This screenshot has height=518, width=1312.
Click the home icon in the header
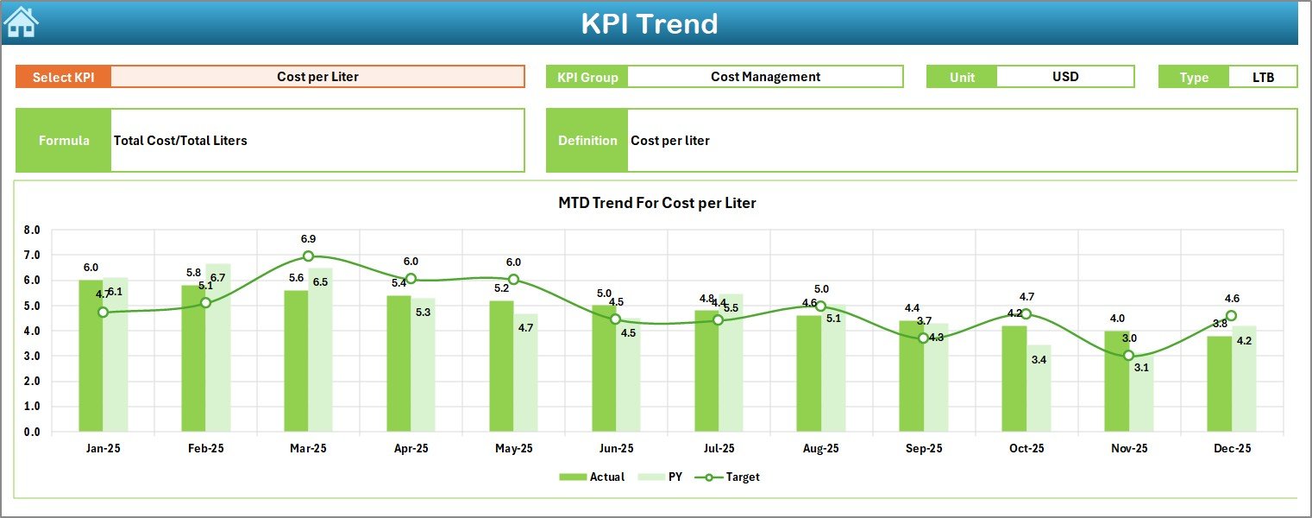21,22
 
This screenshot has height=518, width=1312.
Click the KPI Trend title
649,23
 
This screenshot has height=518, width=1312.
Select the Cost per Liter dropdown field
317,77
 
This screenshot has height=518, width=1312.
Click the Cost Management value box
765,77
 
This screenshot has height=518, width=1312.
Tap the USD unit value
1064,77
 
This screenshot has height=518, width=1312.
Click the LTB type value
1263,77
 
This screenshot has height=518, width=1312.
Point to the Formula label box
64,141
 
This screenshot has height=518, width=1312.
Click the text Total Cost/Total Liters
180,141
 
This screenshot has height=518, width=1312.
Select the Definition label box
587,141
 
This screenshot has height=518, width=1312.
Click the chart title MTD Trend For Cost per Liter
656,203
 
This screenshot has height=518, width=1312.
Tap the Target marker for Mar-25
308,256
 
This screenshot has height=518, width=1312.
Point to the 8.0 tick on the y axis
32,231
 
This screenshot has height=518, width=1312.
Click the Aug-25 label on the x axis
820,449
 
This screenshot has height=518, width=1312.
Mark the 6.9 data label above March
308,239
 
